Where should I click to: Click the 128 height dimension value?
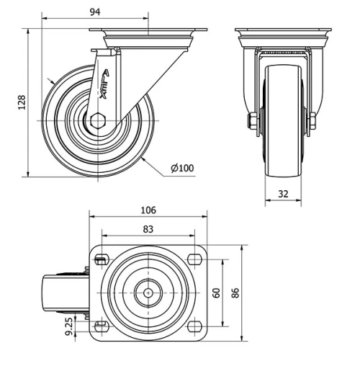[22, 102]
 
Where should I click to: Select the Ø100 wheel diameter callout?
[182, 169]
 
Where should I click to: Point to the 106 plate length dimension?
[148, 210]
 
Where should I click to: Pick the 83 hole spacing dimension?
[148, 229]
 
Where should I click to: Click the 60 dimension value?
[215, 293]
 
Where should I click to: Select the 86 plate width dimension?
[235, 293]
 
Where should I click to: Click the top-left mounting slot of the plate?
[101, 259]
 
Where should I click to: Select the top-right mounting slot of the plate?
[193, 259]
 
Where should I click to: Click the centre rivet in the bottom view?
[148, 293]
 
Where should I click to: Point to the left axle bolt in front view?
[253, 120]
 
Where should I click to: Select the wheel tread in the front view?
[283, 144]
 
